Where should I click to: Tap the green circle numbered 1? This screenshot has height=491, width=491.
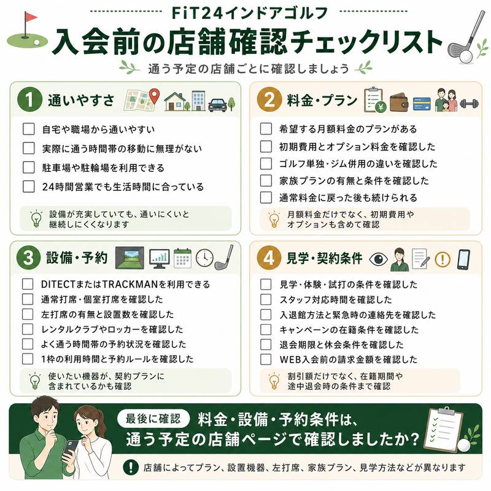[29, 99]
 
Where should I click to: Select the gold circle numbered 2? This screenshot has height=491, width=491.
[269, 99]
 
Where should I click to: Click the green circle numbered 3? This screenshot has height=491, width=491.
[28, 258]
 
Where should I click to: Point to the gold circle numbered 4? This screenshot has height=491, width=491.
[269, 258]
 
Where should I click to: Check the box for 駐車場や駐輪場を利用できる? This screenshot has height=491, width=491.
[28, 167]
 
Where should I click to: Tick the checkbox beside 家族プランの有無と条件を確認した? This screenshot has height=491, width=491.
[266, 180]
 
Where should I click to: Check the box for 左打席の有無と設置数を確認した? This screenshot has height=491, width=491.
[28, 314]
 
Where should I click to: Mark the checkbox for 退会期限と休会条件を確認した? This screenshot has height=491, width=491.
[266, 344]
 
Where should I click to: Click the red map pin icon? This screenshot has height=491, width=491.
[154, 96]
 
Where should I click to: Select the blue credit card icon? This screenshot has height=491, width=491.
[422, 104]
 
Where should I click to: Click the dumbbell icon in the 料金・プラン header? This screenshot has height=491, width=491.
[470, 104]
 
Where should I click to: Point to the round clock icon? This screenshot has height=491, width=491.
[204, 258]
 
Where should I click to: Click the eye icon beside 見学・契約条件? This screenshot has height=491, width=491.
[378, 259]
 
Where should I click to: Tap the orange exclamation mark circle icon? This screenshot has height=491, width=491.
[443, 259]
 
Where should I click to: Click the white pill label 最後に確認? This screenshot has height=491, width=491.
[153, 419]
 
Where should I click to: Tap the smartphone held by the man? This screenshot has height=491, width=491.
[71, 449]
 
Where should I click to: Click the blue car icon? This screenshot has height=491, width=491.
[217, 105]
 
